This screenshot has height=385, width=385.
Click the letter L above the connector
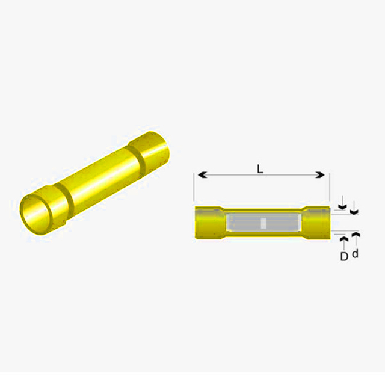pyautogui.click(x=260, y=169)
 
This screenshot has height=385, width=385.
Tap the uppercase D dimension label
pyautogui.click(x=344, y=257)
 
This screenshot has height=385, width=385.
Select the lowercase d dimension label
pyautogui.click(x=356, y=253)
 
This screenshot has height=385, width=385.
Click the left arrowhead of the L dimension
pyautogui.click(x=202, y=175)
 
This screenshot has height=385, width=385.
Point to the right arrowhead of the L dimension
pyautogui.click(x=320, y=175)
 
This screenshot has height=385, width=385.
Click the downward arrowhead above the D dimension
pyautogui.click(x=342, y=207)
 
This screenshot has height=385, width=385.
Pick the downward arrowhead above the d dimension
pyautogui.click(x=354, y=212)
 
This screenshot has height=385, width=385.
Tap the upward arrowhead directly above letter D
pyautogui.click(x=344, y=239)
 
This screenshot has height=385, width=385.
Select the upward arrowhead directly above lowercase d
pyautogui.click(x=356, y=235)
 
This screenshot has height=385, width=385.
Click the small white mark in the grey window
pyautogui.click(x=263, y=223)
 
